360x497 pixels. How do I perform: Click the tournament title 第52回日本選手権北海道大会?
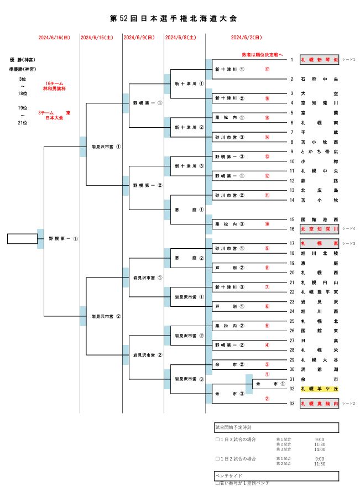coord(174,19)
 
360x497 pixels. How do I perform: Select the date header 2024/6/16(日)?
coord(54,38)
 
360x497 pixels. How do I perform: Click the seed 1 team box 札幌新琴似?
coord(320,59)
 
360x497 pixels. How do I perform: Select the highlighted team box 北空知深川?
coord(320,228)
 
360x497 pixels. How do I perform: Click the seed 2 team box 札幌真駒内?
coord(320,404)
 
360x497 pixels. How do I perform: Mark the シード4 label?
coord(348,228)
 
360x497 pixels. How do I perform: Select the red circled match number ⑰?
coord(267,70)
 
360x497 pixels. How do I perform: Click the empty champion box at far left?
coord(22,239)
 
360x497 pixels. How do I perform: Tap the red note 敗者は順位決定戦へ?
coord(262,55)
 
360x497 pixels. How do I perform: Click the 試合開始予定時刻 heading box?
coord(276,427)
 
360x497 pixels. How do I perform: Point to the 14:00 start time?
coord(320,449)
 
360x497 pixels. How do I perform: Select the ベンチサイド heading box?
coord(276,475)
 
